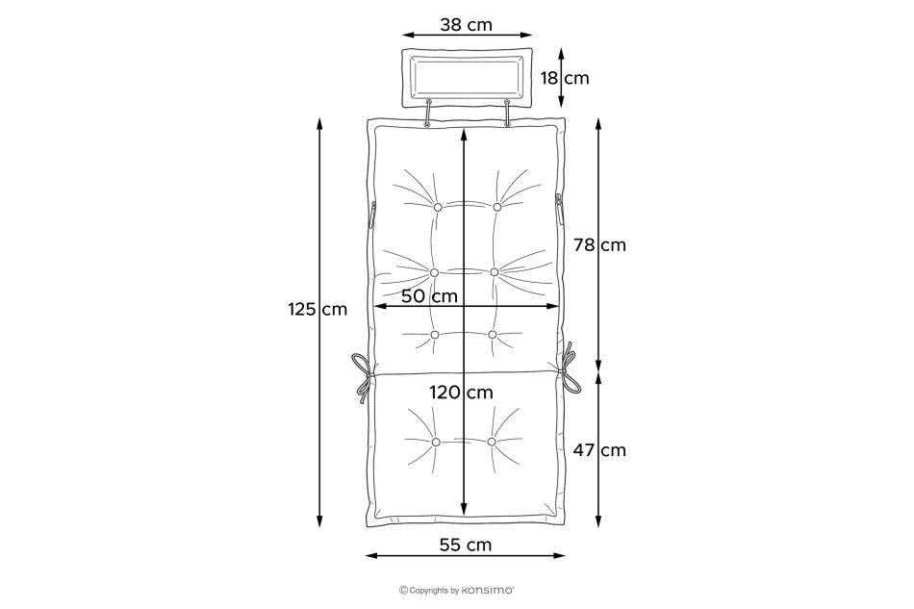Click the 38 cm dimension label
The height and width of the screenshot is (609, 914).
pos(466,25)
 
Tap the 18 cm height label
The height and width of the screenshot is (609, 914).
pos(565,78)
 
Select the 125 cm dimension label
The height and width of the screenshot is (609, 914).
pos(317,309)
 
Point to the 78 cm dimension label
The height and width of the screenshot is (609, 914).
pos(599,245)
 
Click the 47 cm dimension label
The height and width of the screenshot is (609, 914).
pos(599,450)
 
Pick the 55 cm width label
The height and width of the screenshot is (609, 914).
pos(466,545)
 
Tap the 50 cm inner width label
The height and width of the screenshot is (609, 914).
pos(430,296)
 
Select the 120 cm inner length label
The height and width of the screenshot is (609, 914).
pos(462,393)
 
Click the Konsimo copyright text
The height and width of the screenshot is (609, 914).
pos(456,591)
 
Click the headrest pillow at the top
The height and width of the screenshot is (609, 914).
pos(467,78)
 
